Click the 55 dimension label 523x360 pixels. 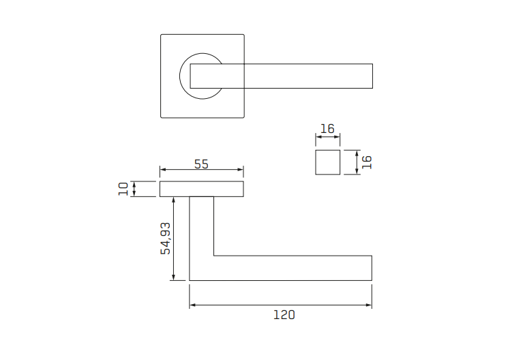(201, 164)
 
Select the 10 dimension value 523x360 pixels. (123, 189)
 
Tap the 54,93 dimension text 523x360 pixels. (164, 239)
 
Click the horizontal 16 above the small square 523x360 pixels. (327, 129)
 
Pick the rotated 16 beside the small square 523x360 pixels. (366, 162)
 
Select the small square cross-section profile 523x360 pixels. (327, 162)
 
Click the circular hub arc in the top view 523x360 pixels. (182, 76)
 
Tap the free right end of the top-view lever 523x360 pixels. (372, 76)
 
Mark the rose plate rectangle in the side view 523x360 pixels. (201, 189)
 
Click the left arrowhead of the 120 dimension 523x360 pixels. (192, 305)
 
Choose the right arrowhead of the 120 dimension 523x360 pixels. (370, 305)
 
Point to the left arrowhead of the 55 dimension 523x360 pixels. (162, 170)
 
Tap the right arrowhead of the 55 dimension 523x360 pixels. (241, 170)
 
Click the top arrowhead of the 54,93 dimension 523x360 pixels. (175, 199)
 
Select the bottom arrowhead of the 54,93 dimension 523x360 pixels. (175, 277)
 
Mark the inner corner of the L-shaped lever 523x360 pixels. (214, 256)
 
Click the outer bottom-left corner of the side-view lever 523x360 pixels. (190, 280)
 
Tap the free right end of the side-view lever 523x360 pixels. (371, 268)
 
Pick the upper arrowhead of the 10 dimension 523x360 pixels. (134, 183)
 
